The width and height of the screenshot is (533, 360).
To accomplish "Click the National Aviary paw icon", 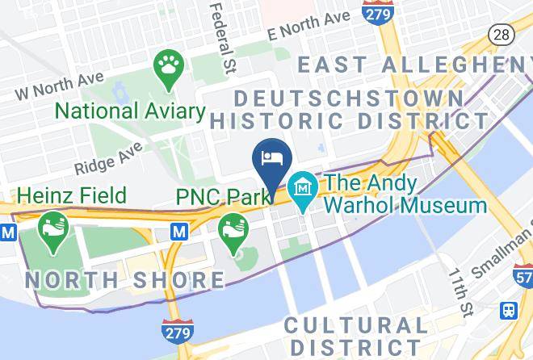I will (x=168, y=67).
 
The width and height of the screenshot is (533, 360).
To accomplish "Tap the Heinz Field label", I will (x=71, y=195).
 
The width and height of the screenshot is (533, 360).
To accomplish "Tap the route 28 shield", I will (x=500, y=35).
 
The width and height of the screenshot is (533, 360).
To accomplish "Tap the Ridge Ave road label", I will (x=109, y=158).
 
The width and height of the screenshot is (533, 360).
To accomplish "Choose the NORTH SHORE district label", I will (x=124, y=280).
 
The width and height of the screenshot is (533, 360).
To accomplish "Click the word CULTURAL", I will (x=355, y=325).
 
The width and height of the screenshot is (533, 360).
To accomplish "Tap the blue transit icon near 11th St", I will (x=509, y=310).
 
